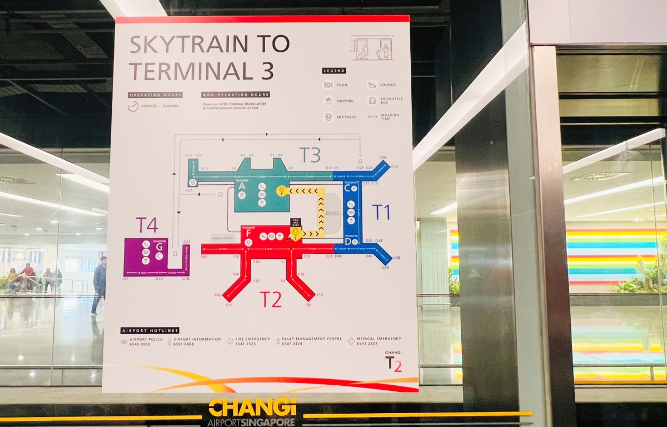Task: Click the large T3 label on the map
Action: coord(310,155)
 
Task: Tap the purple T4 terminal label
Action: coord(147,225)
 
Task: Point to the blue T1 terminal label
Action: coord(381,212)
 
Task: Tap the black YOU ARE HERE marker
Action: coord(296,222)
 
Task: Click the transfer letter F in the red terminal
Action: coord(248,234)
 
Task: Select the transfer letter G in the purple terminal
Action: coord(159,247)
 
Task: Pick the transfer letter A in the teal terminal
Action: coord(241,188)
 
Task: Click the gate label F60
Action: coord(203,257)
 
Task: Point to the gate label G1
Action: coord(126,278)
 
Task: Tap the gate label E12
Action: coord(319,294)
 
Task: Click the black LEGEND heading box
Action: coord(333,71)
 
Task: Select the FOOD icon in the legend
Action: coord(328,85)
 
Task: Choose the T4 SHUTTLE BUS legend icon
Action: coord(372,101)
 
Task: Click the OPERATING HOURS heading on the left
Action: coord(148,95)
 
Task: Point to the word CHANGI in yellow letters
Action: coord(252,408)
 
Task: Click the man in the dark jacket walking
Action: coord(99,284)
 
